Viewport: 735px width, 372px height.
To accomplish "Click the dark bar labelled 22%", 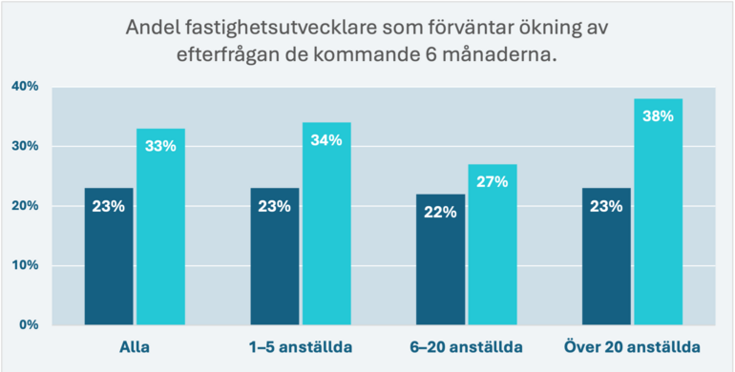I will (x=441, y=258).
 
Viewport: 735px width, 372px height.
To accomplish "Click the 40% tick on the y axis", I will (x=24, y=87).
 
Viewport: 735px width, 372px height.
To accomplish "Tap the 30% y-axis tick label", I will (x=24, y=146).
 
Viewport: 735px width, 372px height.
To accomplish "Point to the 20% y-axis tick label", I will (x=24, y=206).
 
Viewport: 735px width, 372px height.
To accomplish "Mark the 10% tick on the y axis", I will (x=24, y=265).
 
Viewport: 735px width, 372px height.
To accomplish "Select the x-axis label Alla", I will (x=135, y=344).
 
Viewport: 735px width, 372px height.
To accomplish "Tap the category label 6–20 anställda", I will (x=467, y=344).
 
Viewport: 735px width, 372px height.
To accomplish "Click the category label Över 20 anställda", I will (x=632, y=344).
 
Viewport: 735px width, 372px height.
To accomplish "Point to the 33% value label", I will (x=160, y=145).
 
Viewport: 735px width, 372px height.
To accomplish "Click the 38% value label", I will (x=658, y=115).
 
